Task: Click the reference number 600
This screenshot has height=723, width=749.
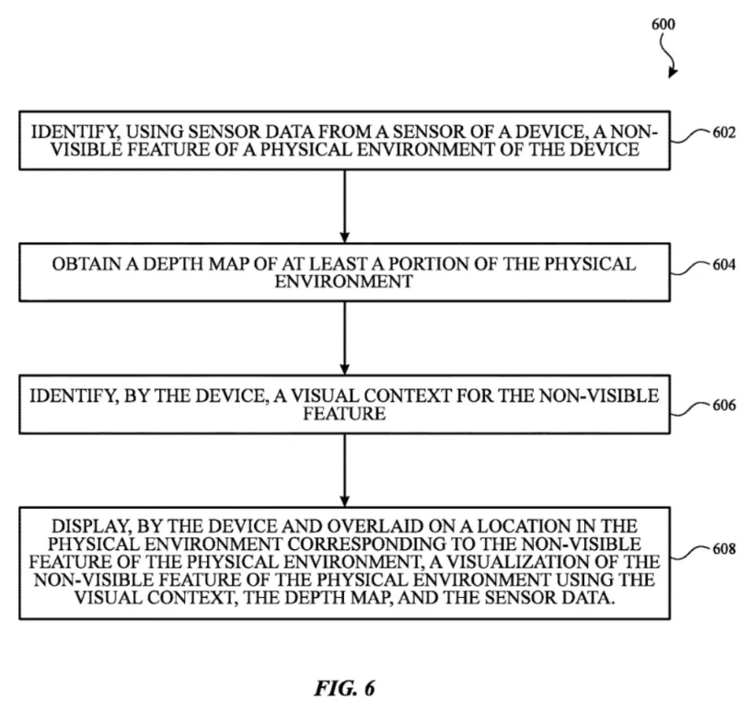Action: (663, 24)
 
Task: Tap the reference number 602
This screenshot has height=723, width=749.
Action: (724, 132)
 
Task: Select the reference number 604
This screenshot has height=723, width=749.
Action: (724, 265)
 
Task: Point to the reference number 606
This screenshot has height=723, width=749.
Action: (724, 405)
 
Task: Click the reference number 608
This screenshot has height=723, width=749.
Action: (724, 549)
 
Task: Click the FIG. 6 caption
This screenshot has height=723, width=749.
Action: (344, 688)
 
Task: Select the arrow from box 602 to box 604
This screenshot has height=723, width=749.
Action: (344, 206)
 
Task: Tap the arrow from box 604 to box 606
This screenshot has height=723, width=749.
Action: (344, 339)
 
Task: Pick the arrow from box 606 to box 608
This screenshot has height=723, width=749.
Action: (344, 470)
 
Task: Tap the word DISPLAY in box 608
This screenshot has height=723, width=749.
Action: (91, 526)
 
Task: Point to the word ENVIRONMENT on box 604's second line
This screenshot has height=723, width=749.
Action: (344, 281)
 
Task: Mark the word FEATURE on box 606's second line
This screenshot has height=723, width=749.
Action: (344, 414)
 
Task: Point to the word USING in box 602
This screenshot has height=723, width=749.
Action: (155, 132)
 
